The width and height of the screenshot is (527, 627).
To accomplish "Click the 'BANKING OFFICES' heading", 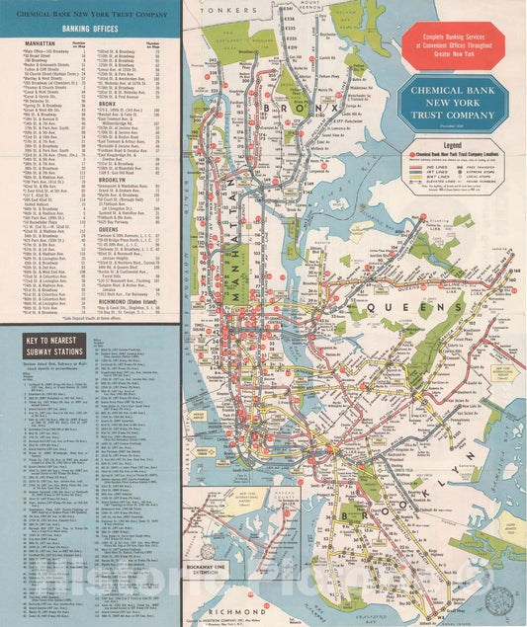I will pos(88,29).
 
